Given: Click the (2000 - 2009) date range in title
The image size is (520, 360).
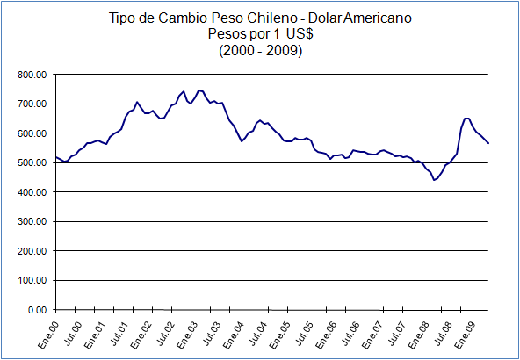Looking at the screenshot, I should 260,51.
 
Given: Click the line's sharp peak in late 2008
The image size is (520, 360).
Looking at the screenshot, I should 466,118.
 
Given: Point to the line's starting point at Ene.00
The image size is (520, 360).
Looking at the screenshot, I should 55,157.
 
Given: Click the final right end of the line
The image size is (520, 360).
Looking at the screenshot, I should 489,144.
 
